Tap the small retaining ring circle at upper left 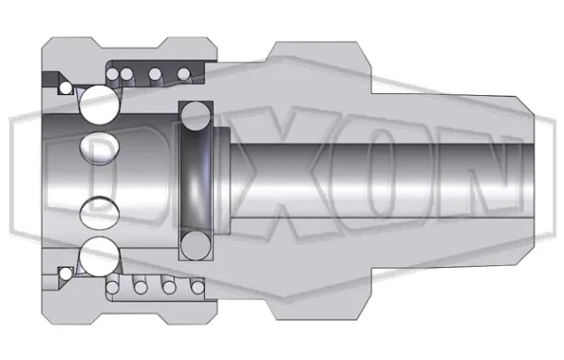[x=65, y=88]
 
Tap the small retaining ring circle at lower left [x=65, y=272]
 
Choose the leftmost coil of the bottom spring [x=122, y=288]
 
